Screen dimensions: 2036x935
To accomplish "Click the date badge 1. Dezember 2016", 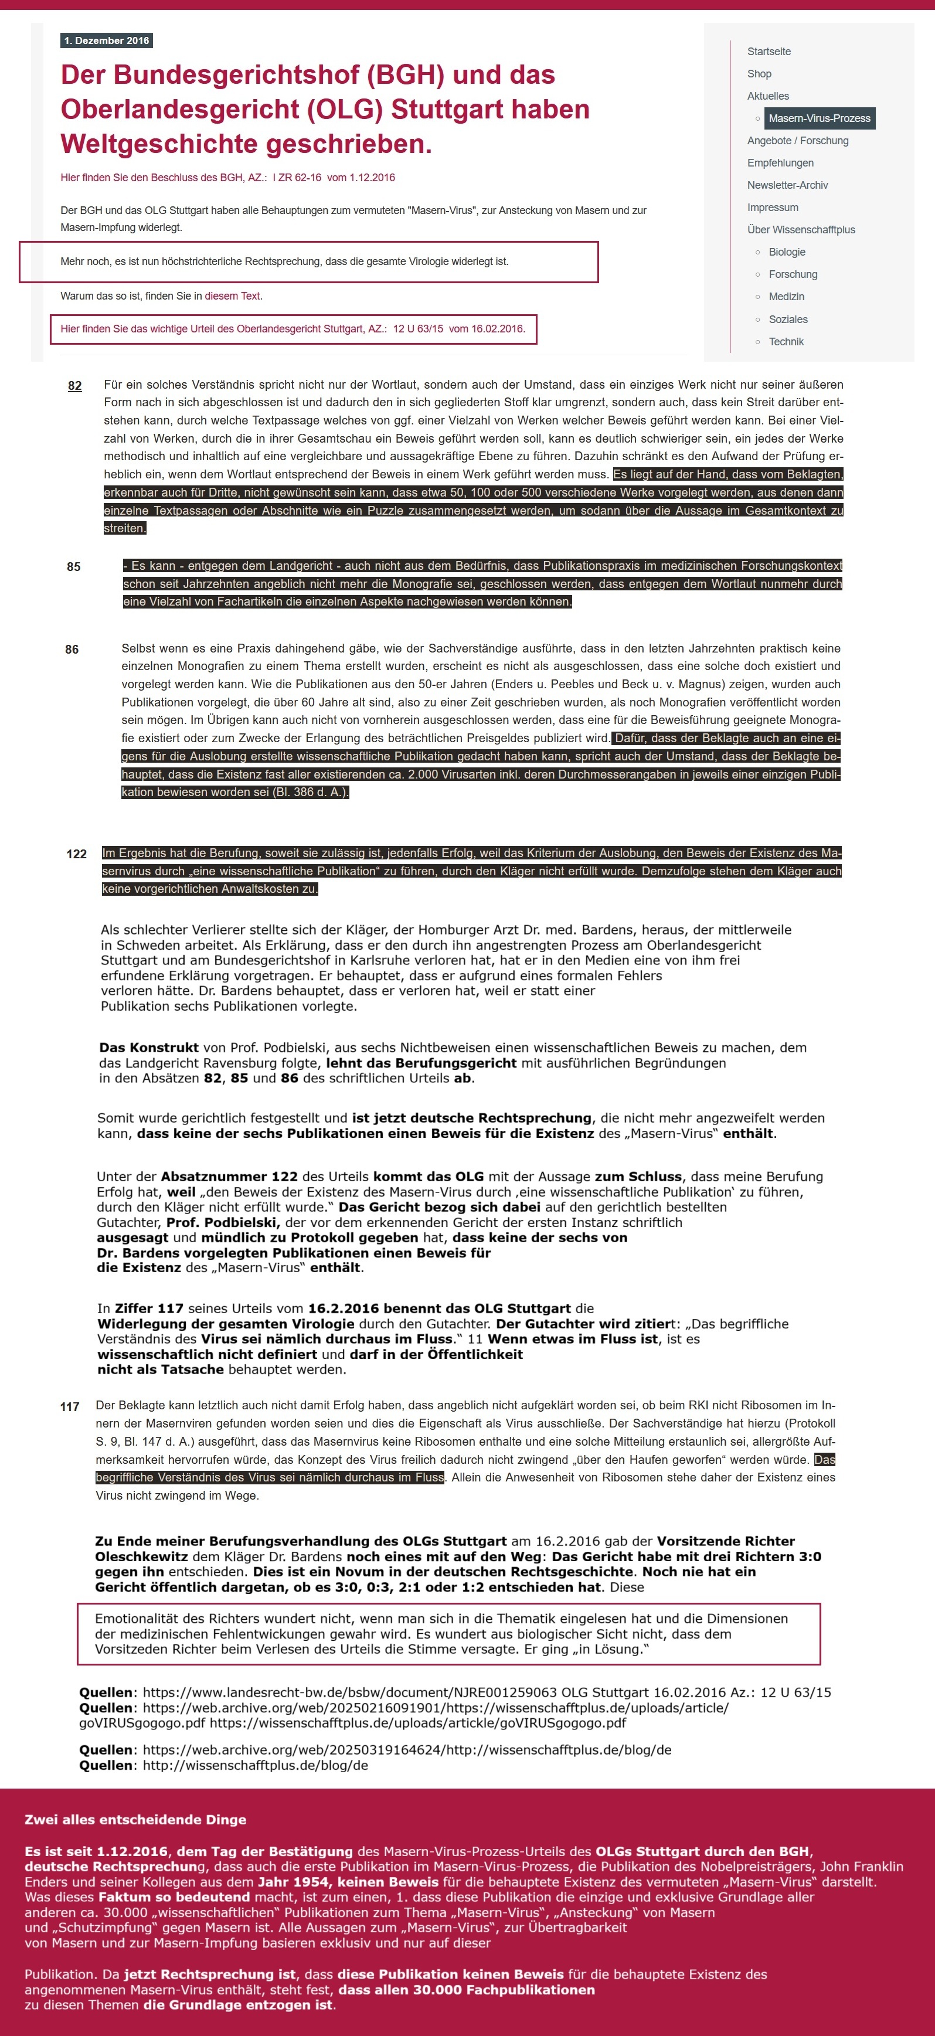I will [x=107, y=40].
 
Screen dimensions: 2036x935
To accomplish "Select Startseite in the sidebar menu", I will [x=769, y=52].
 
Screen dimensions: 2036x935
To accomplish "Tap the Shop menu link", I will [x=759, y=73].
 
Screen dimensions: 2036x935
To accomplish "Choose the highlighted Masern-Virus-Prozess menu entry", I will [x=819, y=118].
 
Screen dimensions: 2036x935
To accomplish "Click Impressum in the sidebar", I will [x=772, y=207].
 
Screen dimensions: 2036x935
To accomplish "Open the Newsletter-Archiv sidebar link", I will [x=787, y=185].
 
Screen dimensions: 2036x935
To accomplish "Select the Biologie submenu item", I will [x=787, y=252].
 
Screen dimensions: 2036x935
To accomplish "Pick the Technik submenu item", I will [x=786, y=341].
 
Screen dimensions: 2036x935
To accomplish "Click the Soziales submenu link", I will [x=788, y=319].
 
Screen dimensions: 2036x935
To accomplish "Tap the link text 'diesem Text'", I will [x=232, y=295].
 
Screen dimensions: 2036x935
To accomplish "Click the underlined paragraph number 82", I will [x=75, y=386].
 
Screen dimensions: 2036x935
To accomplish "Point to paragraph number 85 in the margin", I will [x=73, y=567].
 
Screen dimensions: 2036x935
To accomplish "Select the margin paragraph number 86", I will [x=72, y=649].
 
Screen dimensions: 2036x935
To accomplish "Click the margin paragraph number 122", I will [x=77, y=854].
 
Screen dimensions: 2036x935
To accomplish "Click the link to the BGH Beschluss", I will [x=227, y=177].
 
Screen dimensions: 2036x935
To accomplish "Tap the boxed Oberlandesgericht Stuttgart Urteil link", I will [x=293, y=329].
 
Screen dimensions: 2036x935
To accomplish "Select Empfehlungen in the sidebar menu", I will [x=780, y=163].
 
